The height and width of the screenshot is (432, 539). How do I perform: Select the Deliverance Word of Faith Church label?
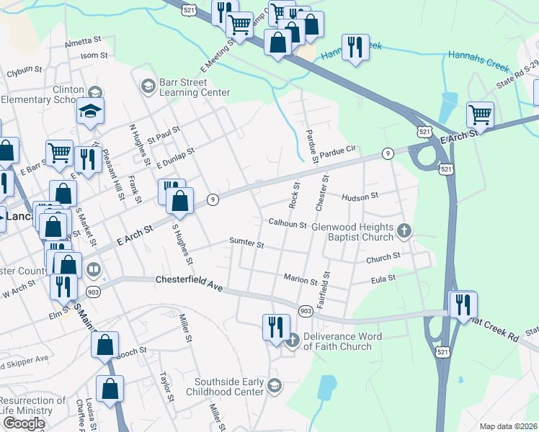click(x=337, y=341)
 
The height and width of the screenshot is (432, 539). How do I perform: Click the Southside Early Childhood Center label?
click(x=225, y=387)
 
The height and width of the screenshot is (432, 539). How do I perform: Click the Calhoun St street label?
click(x=288, y=224)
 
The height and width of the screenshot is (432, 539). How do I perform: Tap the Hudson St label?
click(x=360, y=197)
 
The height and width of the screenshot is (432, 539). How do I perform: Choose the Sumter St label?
click(x=246, y=243)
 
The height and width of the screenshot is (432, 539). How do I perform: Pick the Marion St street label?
click(x=300, y=279)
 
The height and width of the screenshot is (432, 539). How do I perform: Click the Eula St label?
click(x=383, y=278)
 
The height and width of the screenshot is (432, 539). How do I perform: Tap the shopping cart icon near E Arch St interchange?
click(x=480, y=114)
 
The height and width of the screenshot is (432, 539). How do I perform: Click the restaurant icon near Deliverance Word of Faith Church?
click(x=276, y=327)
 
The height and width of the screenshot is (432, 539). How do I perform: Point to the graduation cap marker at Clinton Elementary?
click(x=91, y=111)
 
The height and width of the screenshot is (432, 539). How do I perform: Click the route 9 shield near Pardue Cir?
click(x=388, y=153)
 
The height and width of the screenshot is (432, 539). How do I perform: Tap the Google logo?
click(x=24, y=423)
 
